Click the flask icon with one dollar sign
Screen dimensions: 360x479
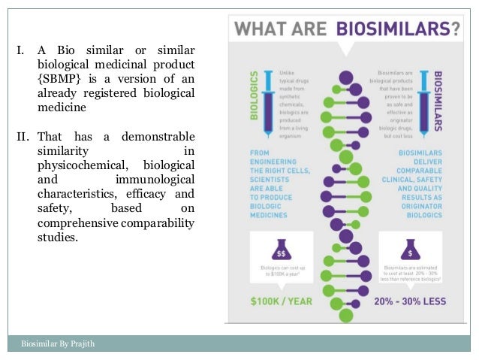click(411, 248)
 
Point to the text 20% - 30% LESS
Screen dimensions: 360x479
click(410, 301)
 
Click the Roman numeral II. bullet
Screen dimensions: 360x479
click(24, 137)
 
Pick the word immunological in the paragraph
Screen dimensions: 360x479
click(155, 178)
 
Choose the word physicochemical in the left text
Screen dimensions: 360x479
click(83, 165)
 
